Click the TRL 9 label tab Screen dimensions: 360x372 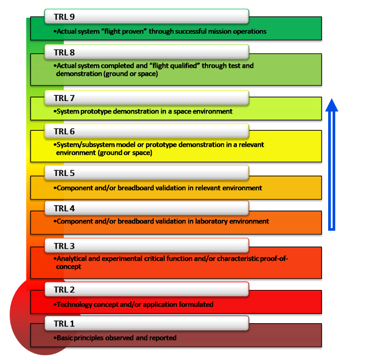point(146,16)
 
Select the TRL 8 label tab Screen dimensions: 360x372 point(146,52)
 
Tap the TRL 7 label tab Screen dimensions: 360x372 point(146,98)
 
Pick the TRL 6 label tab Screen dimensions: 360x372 point(146,131)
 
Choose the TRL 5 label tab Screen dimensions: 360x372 point(146,173)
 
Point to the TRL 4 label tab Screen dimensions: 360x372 point(146,207)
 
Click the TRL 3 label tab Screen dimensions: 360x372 point(146,245)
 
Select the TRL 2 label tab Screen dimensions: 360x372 point(146,290)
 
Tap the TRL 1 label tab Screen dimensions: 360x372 point(146,323)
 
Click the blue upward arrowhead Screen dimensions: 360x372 point(332,105)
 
